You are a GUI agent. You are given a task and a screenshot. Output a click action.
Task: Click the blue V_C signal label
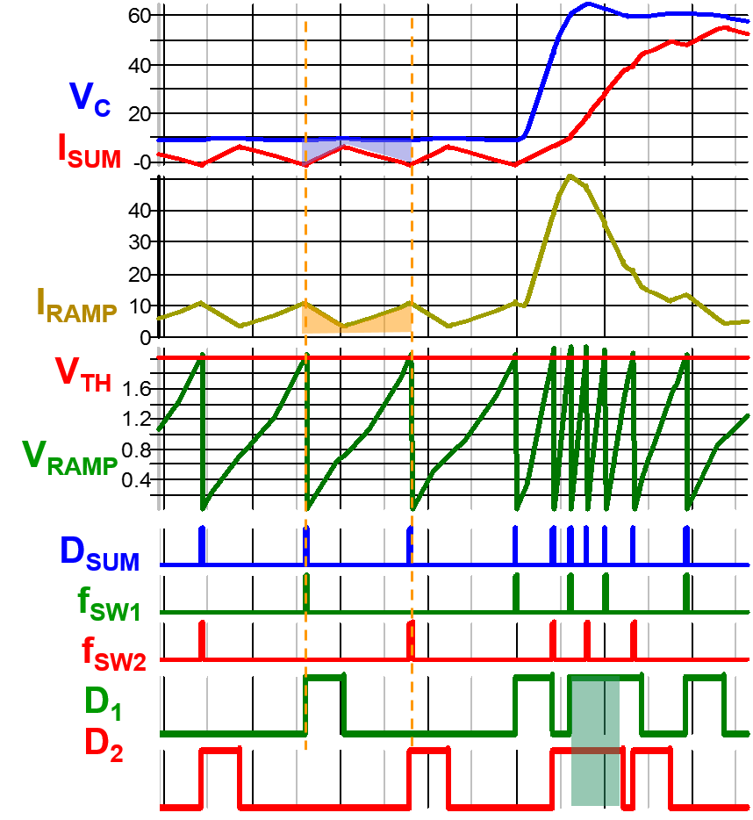90,98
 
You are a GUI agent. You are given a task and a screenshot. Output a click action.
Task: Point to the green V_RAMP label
70,457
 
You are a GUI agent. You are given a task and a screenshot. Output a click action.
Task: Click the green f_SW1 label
109,604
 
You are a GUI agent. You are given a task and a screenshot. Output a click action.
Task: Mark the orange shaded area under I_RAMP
355,320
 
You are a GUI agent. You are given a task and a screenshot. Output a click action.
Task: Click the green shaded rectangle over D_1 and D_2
595,742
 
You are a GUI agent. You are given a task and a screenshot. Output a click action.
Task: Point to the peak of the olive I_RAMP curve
571,176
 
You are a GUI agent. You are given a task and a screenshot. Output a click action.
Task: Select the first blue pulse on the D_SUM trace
202,544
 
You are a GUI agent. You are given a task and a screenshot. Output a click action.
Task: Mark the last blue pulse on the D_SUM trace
686,544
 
